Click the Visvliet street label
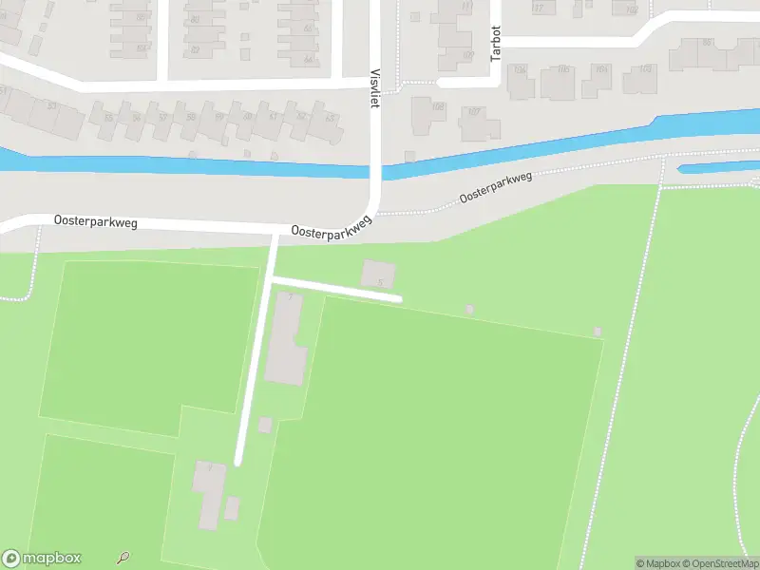[x=374, y=88]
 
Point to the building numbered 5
[x=377, y=275]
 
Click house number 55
[x=107, y=118]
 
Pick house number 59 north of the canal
[x=219, y=117]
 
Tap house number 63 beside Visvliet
[x=330, y=118]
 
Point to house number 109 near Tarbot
[x=467, y=55]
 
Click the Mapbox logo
[x=42, y=559]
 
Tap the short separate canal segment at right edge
[x=720, y=168]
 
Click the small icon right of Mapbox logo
[x=123, y=559]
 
